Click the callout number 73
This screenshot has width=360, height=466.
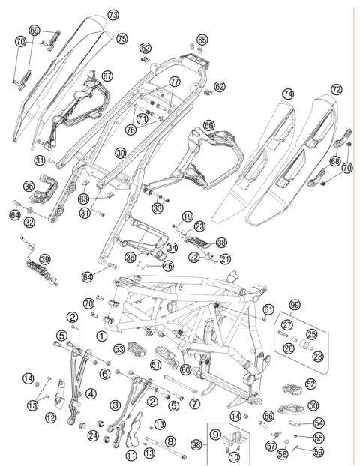click(x=113, y=14)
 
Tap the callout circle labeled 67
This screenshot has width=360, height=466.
click(x=107, y=76)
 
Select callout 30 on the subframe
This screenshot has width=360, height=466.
click(x=121, y=154)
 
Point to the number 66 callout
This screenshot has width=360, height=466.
click(x=208, y=125)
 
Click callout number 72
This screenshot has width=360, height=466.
click(x=337, y=89)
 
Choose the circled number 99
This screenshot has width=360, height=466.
click(x=295, y=305)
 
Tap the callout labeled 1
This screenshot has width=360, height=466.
click(x=102, y=336)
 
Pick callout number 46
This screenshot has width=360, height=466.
click(x=169, y=266)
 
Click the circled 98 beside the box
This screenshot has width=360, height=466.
click(x=196, y=444)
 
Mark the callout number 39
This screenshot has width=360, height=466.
click(x=45, y=259)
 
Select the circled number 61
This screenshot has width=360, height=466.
click(x=268, y=310)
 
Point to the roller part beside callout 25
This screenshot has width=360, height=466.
click(x=304, y=346)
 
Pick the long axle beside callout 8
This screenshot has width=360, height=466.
click(x=166, y=448)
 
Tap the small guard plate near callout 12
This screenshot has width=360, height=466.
click(x=61, y=393)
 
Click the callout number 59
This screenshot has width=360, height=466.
click(x=318, y=452)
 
